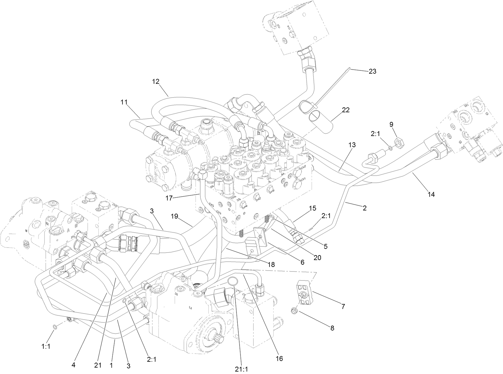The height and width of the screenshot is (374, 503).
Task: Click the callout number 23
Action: point(373,71)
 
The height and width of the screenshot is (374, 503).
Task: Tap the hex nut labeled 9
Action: point(399,142)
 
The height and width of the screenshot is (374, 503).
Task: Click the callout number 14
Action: point(431,194)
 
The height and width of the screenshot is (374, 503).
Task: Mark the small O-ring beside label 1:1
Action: point(54,327)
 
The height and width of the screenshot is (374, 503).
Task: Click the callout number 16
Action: point(279,358)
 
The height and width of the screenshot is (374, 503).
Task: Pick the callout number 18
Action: point(270,264)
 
